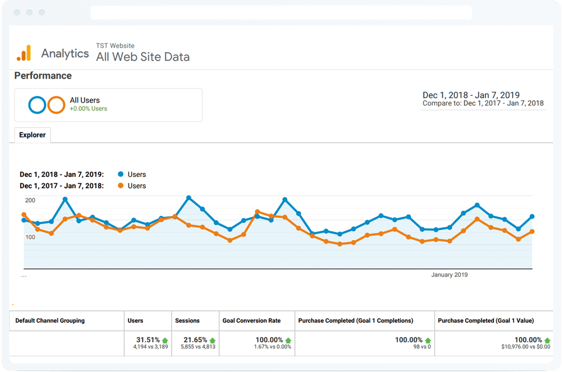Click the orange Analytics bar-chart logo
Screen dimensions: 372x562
point(24,53)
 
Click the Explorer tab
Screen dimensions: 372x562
point(32,135)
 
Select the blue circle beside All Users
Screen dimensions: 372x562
point(38,104)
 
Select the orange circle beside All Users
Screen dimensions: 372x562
point(56,104)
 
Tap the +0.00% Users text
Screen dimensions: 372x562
point(88,109)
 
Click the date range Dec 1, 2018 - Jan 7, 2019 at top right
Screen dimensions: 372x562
point(470,95)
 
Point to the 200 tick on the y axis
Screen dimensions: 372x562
point(30,201)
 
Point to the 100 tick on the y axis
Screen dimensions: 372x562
point(30,237)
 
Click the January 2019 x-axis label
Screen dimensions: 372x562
point(449,275)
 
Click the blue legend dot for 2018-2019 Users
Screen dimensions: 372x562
point(121,174)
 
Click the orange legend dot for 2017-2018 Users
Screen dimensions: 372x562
point(121,185)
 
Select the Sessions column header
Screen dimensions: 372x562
point(187,320)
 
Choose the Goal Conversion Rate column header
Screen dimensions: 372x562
point(251,320)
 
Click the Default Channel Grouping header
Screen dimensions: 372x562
point(50,320)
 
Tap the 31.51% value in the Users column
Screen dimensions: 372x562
point(148,340)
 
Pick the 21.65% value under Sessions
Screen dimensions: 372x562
point(195,340)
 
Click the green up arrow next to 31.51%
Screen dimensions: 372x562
point(165,340)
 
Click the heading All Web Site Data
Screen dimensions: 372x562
point(143,57)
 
